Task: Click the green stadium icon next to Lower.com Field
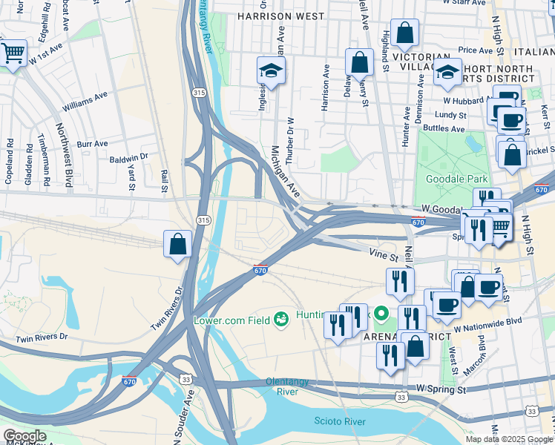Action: click(x=281, y=320)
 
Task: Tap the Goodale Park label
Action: click(x=454, y=179)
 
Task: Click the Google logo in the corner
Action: click(x=24, y=436)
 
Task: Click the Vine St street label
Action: click(x=384, y=254)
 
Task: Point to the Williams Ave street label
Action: click(x=85, y=106)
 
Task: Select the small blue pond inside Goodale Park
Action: click(x=472, y=141)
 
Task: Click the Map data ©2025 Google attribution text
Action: click(x=509, y=439)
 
